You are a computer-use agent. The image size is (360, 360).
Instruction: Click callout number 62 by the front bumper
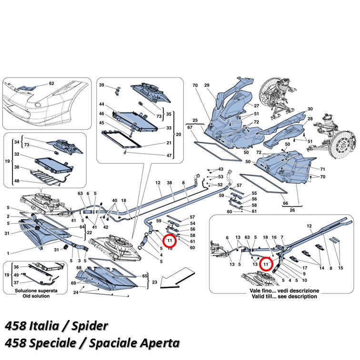tap(51, 83)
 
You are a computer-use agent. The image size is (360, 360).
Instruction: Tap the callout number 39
tap(101, 85)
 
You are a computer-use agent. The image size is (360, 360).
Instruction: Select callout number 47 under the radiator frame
tap(169, 155)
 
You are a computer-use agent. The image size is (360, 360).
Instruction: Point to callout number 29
tap(207, 85)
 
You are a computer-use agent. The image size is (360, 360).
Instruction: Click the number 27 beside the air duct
tap(257, 106)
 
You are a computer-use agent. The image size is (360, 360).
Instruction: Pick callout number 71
tap(322, 169)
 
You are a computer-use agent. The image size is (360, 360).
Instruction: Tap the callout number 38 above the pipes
tap(170, 183)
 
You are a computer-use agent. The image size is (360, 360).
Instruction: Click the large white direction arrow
tap(177, 278)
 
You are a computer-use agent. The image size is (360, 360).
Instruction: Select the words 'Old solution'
tap(36, 296)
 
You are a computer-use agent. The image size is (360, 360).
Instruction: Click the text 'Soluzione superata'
tap(36, 290)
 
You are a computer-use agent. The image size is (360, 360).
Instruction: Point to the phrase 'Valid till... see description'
tap(284, 296)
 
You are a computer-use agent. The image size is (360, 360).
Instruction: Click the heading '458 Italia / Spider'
tap(57, 326)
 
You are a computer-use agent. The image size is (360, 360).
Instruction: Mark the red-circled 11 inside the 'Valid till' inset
tap(266, 264)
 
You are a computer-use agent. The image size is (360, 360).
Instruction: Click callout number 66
tap(285, 203)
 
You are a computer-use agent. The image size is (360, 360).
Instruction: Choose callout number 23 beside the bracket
tap(154, 282)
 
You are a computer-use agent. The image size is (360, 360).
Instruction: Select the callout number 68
tap(79, 268)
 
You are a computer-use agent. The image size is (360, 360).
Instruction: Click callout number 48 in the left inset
tap(17, 181)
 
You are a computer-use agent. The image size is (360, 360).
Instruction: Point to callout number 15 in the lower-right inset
tap(340, 268)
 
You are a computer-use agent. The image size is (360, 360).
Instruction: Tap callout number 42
tap(105, 227)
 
